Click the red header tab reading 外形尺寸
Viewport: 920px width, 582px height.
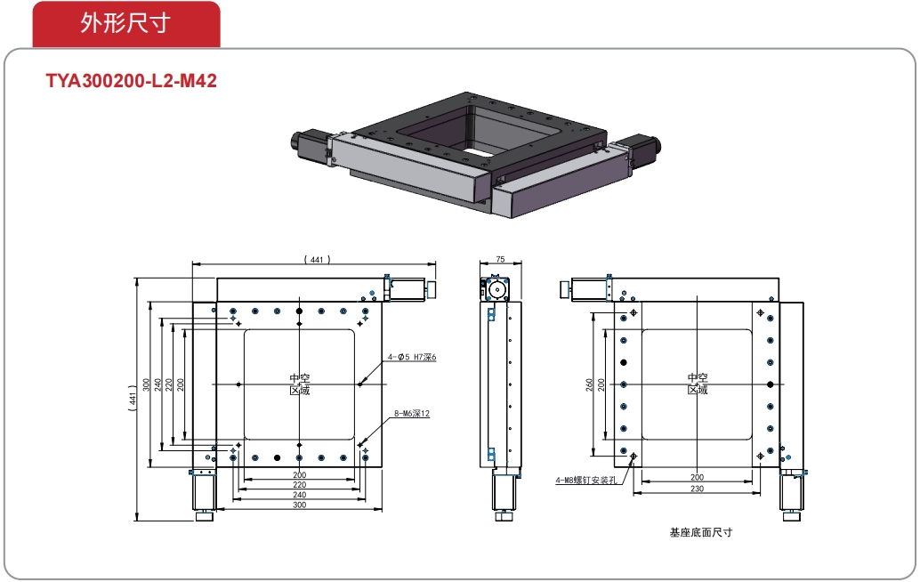125,24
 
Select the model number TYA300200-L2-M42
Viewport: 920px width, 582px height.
132,82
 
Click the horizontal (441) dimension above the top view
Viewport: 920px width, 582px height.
316,259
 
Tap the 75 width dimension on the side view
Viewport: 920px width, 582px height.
500,259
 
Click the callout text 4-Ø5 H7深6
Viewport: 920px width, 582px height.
412,357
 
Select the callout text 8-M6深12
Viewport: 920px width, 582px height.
412,414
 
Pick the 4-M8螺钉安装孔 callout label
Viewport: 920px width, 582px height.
585,481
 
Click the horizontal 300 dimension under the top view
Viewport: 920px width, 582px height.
299,505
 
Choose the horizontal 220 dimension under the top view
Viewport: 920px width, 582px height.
299,485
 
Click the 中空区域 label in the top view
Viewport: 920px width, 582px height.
299,384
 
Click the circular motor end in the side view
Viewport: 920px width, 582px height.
496,289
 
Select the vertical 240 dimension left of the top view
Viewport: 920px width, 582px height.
157,384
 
